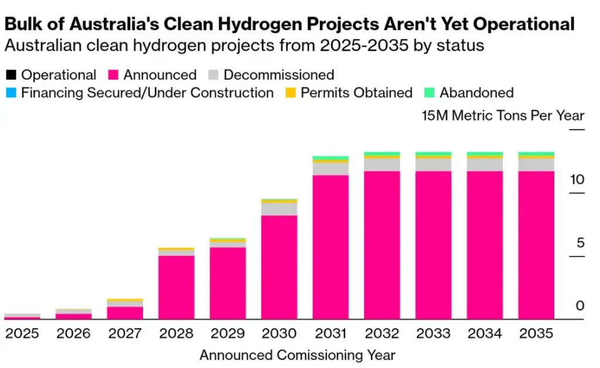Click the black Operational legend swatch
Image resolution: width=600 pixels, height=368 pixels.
pos(11,75)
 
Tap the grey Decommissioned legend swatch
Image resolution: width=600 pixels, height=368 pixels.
pos(214,75)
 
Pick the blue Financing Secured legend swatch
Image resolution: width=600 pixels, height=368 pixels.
pos(11,93)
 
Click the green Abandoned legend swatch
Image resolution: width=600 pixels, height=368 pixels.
pos(429,93)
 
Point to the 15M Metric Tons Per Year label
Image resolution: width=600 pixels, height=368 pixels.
pos(503,115)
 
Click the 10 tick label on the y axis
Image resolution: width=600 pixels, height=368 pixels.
pos(577,179)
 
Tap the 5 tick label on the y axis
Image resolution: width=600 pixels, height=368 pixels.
pos(580,243)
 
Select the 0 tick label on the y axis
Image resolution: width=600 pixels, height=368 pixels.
pos(580,306)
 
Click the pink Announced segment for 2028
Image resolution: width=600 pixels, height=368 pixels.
pos(176,287)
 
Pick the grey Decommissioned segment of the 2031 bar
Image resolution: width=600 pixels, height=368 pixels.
pos(330,169)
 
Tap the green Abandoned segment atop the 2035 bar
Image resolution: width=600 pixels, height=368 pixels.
pos(536,154)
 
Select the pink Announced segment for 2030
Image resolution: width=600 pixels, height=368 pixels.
pos(279,267)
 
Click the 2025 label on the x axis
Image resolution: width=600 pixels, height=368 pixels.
pos(22,333)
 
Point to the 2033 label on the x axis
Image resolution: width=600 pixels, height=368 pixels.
pos(434,333)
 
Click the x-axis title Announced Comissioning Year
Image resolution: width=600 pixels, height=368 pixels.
pos(297,355)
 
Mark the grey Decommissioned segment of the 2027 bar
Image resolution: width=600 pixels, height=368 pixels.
pos(125,304)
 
